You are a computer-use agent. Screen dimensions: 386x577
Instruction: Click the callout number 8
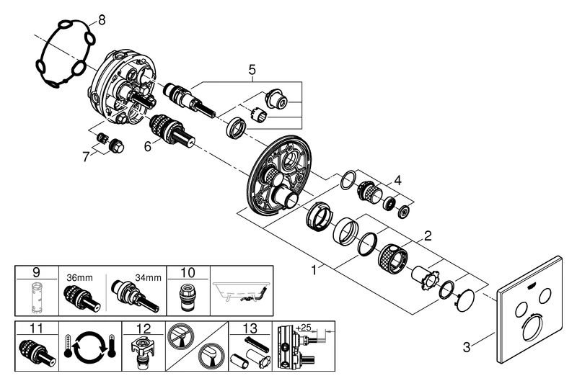tap(101, 19)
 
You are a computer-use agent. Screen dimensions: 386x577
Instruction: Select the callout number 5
tap(252, 70)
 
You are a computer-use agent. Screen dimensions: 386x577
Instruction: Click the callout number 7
tap(87, 156)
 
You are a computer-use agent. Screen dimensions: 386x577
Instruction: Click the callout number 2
tap(427, 235)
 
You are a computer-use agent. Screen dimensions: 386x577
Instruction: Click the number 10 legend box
tap(188, 272)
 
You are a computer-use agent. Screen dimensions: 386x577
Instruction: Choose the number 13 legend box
tap(249, 330)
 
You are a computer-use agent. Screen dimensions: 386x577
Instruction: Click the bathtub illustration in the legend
tap(242, 292)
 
